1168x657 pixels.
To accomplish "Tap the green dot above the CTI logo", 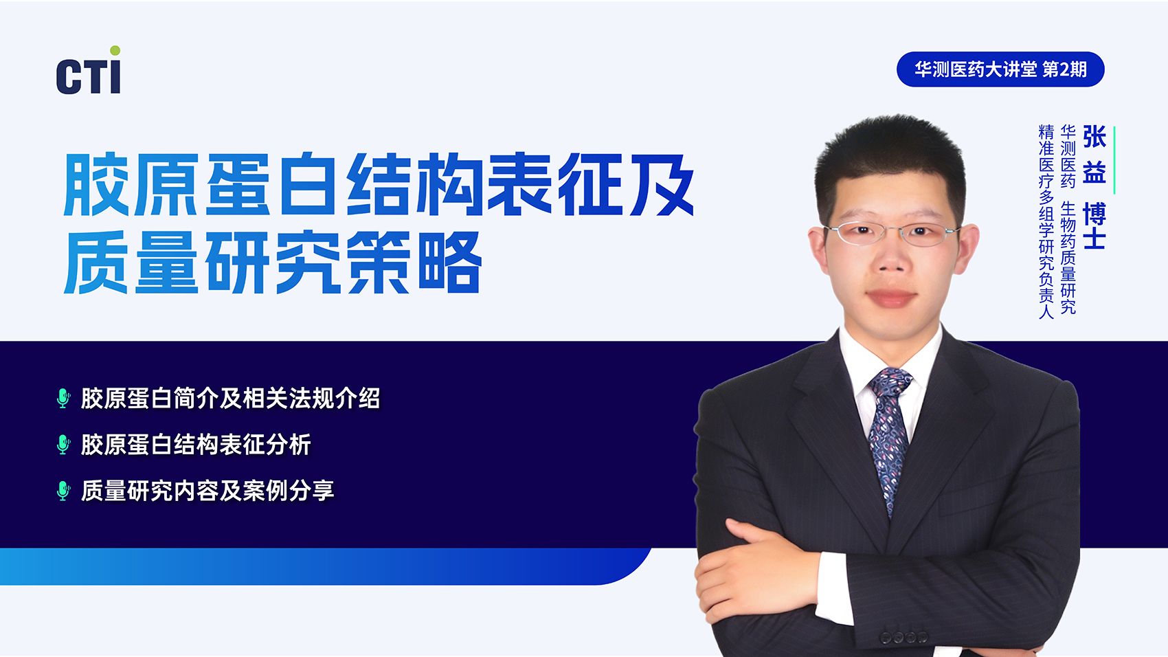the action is (x=115, y=51).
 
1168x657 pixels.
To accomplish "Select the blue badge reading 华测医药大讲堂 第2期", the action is (x=1000, y=69).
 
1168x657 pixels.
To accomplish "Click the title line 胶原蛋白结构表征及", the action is (x=379, y=184).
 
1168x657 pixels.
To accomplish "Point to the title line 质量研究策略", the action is (x=272, y=263).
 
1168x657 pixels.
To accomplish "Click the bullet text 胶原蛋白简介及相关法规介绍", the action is (x=230, y=399).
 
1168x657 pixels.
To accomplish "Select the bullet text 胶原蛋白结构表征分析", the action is (x=196, y=444).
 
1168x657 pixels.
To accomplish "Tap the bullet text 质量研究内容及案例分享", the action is (x=207, y=491).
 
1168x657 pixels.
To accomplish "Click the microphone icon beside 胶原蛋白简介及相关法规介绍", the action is (x=63, y=399).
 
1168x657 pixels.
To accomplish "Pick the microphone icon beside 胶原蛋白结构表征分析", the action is (x=63, y=444).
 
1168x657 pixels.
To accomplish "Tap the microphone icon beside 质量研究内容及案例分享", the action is (x=63, y=491).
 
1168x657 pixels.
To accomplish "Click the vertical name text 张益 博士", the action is (x=1094, y=187).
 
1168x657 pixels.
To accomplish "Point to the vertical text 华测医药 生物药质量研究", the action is (x=1068, y=219).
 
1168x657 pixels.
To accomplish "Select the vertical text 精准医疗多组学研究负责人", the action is (x=1046, y=221).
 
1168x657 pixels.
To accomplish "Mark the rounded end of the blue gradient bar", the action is (x=633, y=566).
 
